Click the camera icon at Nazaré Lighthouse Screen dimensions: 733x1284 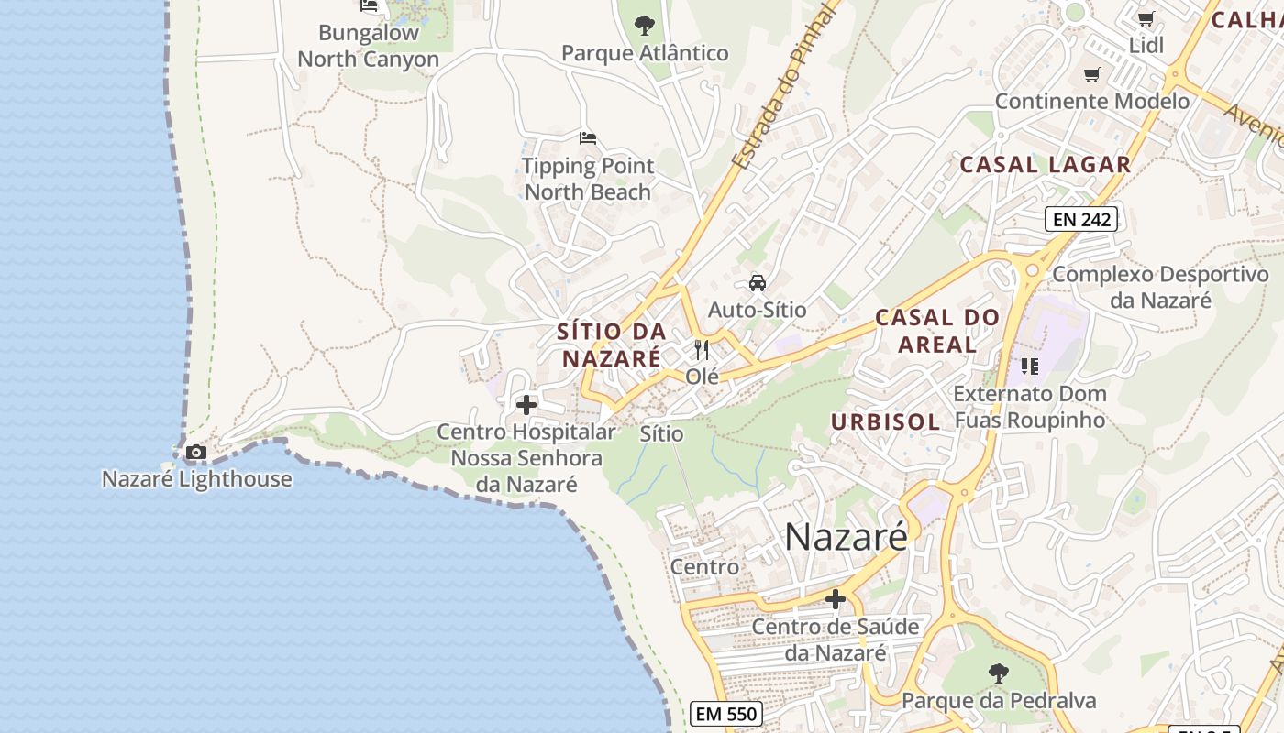195,452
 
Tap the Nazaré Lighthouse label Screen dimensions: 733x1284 196,478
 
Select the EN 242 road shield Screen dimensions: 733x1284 1080,219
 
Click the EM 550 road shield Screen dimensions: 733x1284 725,714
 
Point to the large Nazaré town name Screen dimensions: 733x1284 846,537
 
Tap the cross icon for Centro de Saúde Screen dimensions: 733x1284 835,599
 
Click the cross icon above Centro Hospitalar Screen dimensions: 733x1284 526,404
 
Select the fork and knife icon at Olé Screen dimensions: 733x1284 702,349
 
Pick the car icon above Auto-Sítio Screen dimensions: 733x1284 758,282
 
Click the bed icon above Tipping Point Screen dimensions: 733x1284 588,138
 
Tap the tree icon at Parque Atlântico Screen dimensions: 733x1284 645,25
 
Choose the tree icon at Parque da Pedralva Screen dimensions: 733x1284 999,673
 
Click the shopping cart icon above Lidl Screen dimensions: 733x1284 1146,18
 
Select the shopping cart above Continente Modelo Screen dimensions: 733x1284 1091,74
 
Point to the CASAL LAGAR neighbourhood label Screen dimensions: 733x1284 1045,165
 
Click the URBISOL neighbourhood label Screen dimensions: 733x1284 885,421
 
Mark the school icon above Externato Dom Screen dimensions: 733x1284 1030,366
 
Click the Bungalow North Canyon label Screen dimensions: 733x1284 369,46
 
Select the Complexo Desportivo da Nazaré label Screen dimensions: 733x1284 1160,287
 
